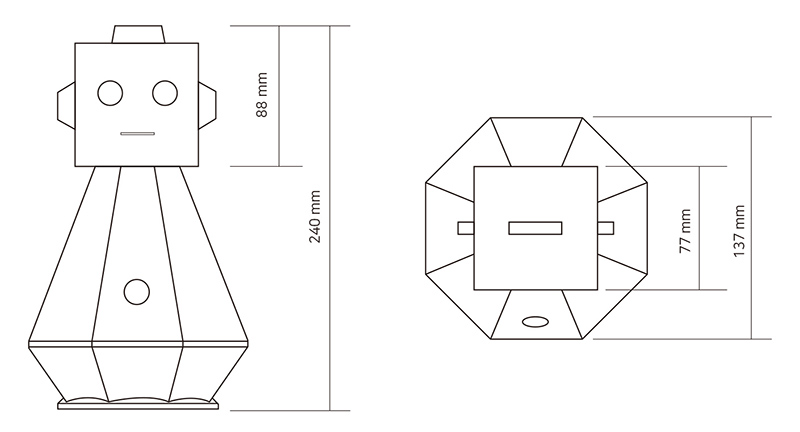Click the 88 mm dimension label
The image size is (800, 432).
[x=262, y=95]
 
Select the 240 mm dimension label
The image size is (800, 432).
[x=315, y=217]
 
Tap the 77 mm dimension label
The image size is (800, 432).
[x=685, y=231]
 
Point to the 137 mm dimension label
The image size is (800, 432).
[x=739, y=231]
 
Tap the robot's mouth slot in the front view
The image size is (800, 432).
[x=137, y=134]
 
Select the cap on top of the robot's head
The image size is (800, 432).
[x=138, y=35]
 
